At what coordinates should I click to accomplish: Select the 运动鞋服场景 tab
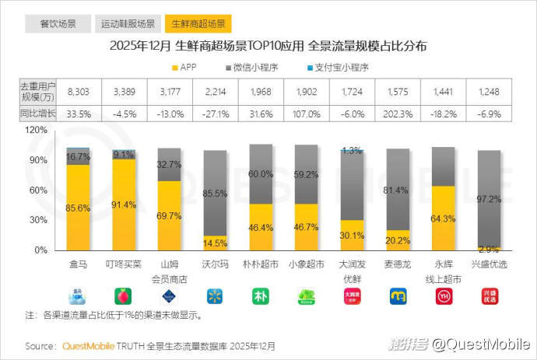tap(128, 23)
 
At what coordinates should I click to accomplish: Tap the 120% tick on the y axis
tap(37, 130)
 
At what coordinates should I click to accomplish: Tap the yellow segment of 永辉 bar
tap(443, 218)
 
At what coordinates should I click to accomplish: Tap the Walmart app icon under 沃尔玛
tap(215, 296)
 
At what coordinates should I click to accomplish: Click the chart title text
tap(268, 45)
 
